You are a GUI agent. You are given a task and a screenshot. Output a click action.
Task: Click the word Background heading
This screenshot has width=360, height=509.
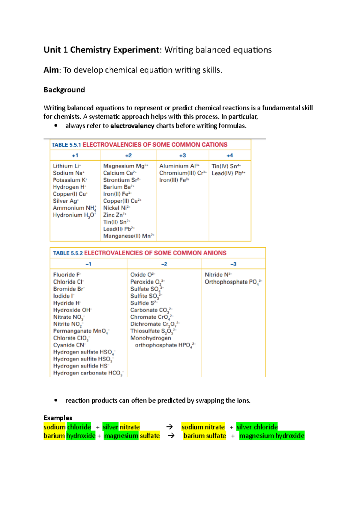(64, 90)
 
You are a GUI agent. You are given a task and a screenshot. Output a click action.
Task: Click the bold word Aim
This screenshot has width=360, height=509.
(51, 70)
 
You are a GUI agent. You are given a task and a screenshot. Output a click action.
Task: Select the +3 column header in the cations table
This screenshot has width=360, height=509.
(182, 156)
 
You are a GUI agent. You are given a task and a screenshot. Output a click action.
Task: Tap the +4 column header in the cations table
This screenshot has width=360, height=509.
(229, 156)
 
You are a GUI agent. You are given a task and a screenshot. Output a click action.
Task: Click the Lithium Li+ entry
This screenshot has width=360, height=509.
(67, 166)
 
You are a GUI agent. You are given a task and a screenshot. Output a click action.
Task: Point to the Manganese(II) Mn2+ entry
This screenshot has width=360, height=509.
(129, 236)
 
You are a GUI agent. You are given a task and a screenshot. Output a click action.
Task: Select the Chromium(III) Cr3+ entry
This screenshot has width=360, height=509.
(183, 173)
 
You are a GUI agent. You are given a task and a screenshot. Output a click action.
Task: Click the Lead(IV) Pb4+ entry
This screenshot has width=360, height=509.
(228, 173)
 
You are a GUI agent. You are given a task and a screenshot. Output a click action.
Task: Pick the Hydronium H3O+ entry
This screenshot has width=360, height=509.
(74, 215)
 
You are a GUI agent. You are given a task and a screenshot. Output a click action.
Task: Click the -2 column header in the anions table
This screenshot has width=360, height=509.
(164, 264)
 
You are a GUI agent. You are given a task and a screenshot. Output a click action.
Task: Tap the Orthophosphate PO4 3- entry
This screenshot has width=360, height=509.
(233, 282)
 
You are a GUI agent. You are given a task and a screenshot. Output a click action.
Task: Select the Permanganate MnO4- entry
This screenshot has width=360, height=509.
(81, 331)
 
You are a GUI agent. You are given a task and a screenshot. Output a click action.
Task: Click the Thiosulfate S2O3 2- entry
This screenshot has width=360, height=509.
(153, 331)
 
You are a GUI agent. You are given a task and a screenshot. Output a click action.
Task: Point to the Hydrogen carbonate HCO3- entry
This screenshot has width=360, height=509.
(88, 373)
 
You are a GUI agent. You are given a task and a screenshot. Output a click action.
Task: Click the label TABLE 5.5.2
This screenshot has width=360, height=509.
(68, 253)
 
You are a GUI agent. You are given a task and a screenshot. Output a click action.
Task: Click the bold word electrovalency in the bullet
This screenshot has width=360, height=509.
(132, 126)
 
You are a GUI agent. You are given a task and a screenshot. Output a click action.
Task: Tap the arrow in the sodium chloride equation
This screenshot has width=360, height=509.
(169, 427)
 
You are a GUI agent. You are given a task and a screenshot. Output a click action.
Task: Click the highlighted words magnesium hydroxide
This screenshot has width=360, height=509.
(272, 436)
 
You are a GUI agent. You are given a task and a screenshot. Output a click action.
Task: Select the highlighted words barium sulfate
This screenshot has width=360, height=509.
(205, 436)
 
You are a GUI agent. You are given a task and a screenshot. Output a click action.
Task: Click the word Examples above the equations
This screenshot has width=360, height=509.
(58, 418)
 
